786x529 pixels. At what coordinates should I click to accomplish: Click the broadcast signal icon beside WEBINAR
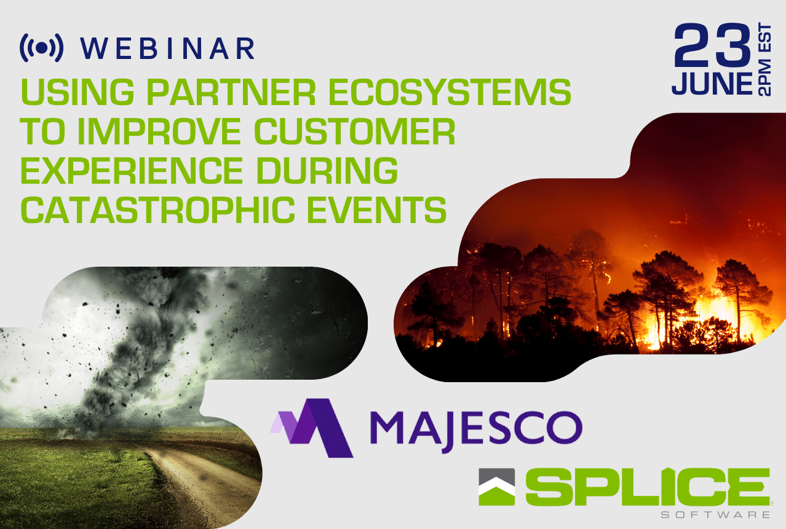click(x=42, y=48)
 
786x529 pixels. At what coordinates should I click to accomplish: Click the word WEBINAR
click(x=168, y=48)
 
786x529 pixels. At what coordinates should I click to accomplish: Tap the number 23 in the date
click(x=712, y=45)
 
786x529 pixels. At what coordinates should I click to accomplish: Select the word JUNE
click(x=712, y=84)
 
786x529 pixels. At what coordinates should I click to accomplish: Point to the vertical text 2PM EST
click(x=765, y=59)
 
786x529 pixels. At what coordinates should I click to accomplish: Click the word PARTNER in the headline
click(x=231, y=92)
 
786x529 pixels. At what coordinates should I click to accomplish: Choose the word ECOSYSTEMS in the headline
click(x=450, y=92)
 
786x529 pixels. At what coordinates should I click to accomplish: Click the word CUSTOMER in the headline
click(x=354, y=131)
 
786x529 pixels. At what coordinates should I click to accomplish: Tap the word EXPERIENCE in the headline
click(x=132, y=170)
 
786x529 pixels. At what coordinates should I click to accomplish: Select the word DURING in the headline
click(x=327, y=170)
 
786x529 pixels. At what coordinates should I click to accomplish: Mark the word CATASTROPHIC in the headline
click(x=158, y=210)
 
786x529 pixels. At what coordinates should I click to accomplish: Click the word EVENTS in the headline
click(x=377, y=210)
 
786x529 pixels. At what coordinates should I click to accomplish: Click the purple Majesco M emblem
click(x=312, y=428)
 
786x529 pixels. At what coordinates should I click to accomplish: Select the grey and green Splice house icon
click(x=497, y=487)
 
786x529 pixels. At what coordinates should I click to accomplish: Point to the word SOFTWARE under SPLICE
click(x=715, y=515)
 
